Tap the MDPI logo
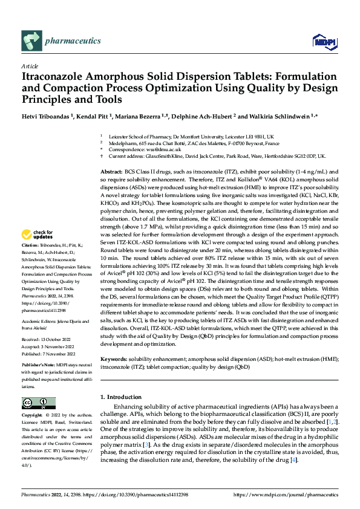(321, 42)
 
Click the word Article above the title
(30, 66)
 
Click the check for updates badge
(37, 234)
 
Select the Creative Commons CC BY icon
(38, 403)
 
